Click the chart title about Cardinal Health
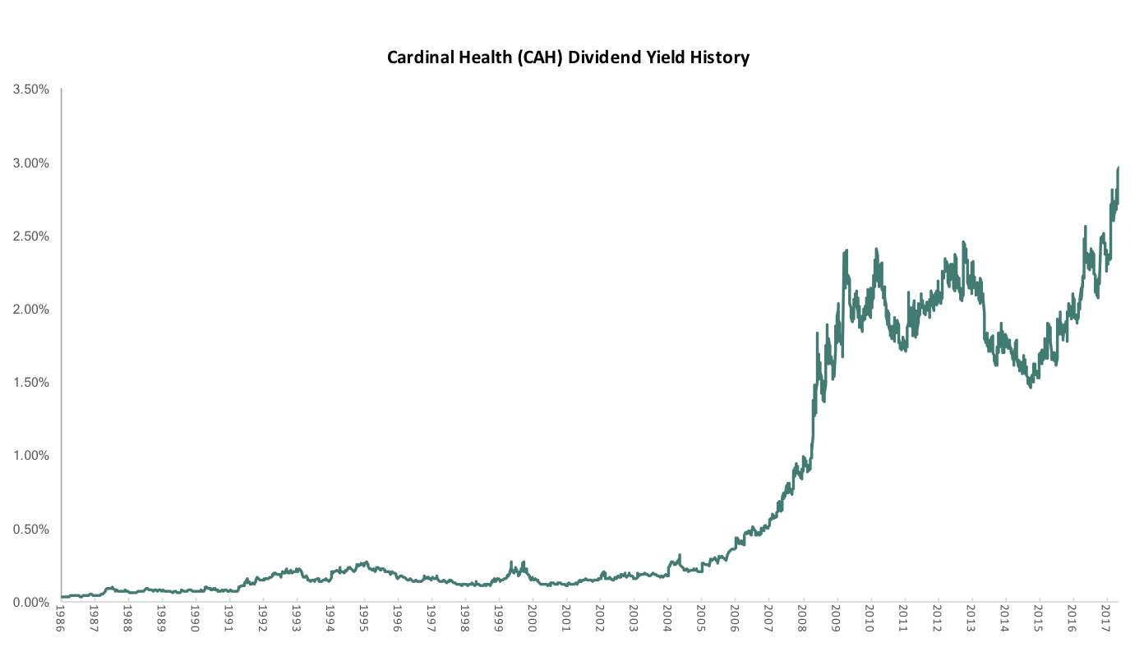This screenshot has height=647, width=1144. coord(568,57)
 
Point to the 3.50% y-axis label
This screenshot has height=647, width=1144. coord(31,89)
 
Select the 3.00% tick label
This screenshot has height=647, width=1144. coord(31,163)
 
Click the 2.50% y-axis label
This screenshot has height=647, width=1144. coord(31,236)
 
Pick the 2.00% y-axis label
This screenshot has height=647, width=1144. coord(31,310)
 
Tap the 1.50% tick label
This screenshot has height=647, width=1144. coord(31,383)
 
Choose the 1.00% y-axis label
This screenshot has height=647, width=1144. coord(31,456)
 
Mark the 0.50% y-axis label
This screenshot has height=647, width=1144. coord(31,530)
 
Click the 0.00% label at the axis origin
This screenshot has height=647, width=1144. coord(31,603)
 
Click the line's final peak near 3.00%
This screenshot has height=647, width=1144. coord(1118,168)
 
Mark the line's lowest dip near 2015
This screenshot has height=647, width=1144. coord(1031,386)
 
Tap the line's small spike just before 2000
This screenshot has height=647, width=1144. coord(511,562)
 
